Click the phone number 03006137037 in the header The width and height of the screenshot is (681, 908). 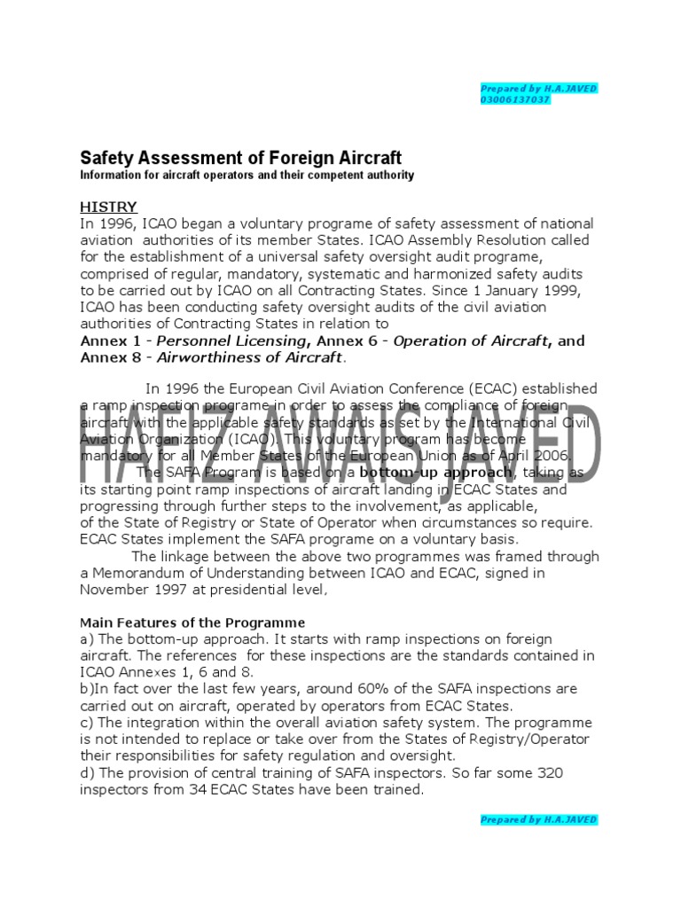click(514, 99)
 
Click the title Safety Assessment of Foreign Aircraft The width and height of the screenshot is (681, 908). click(240, 158)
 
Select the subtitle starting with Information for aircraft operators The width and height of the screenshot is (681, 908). click(247, 176)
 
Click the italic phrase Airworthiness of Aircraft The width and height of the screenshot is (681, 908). click(249, 357)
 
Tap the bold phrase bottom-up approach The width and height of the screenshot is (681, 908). click(436, 473)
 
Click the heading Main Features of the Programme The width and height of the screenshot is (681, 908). click(192, 622)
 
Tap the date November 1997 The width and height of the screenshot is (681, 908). click(135, 589)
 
